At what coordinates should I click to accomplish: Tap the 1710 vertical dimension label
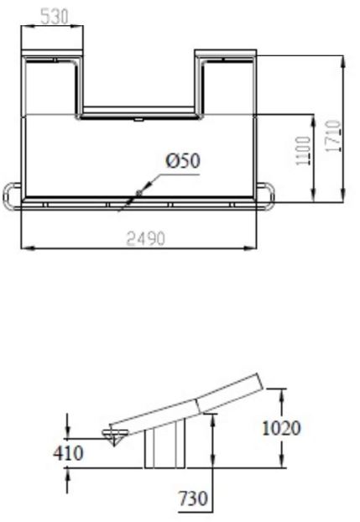pyautogui.click(x=334, y=134)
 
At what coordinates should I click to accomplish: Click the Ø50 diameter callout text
pyautogui.click(x=183, y=160)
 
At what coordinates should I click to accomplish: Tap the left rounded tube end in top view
pyautogui.click(x=11, y=196)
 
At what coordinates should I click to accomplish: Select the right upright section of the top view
pyautogui.click(x=227, y=84)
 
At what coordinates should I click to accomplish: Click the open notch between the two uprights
pyautogui.click(x=138, y=80)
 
